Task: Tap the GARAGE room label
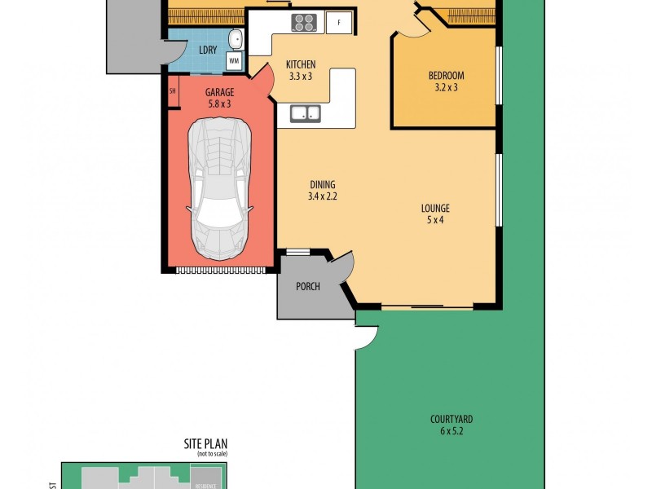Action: pyautogui.click(x=219, y=92)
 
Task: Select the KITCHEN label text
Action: pyautogui.click(x=300, y=65)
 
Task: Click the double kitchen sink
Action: pyautogui.click(x=303, y=114)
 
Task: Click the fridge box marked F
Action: pyautogui.click(x=339, y=23)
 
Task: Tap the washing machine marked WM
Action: pyautogui.click(x=234, y=60)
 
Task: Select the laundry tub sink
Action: pyautogui.click(x=235, y=39)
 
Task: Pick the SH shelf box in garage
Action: pyautogui.click(x=173, y=91)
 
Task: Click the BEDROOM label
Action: pyautogui.click(x=446, y=77)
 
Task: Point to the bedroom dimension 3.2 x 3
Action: pyautogui.click(x=446, y=88)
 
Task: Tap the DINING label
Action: pyautogui.click(x=321, y=185)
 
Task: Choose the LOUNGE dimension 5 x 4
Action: pyautogui.click(x=436, y=220)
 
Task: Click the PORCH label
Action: pyautogui.click(x=308, y=287)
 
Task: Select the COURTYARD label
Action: pyautogui.click(x=452, y=420)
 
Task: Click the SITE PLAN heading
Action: pyautogui.click(x=205, y=444)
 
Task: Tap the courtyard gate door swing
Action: pyautogui.click(x=365, y=337)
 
